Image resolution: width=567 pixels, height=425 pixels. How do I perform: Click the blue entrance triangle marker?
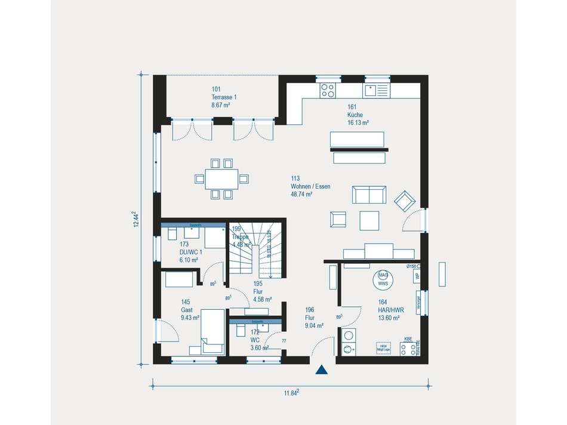[322, 369]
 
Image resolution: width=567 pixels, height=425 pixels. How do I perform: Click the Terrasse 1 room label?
[220, 97]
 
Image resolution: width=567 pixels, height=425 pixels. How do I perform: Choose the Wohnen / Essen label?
[310, 186]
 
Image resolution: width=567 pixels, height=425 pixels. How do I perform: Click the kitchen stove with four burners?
[328, 90]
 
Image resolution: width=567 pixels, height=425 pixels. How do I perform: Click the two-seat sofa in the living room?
[369, 195]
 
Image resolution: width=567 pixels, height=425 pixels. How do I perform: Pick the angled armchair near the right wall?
[405, 201]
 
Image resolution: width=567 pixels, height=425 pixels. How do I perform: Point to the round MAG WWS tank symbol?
[383, 279]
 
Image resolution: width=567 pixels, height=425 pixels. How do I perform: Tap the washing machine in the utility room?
[349, 336]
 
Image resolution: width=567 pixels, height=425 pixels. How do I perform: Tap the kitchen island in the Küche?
[358, 139]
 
